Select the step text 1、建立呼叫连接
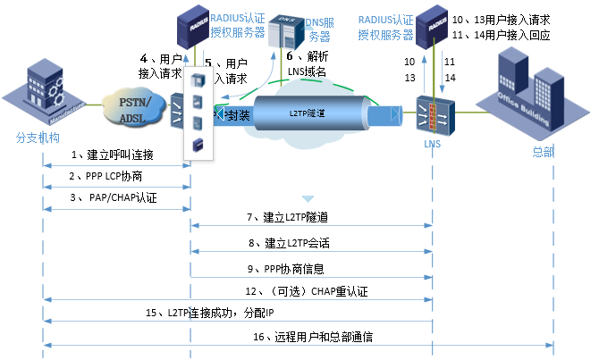[114, 155]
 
